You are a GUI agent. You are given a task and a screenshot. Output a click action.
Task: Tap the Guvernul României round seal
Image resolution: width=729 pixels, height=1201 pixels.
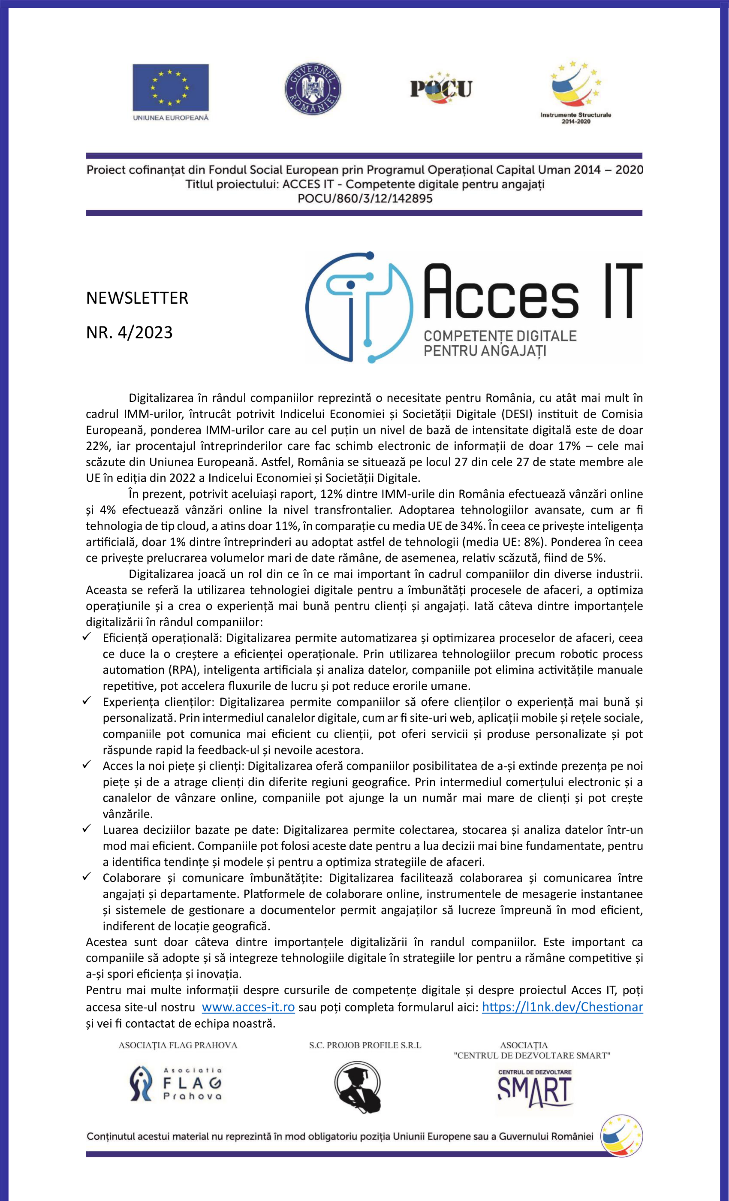[313, 89]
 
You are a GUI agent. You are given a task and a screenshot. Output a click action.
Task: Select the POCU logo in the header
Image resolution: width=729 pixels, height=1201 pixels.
[441, 89]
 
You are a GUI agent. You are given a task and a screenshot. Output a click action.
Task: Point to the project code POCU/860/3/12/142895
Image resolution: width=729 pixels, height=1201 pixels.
[365, 198]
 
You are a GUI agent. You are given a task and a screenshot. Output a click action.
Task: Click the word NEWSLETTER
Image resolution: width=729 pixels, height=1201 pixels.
[137, 298]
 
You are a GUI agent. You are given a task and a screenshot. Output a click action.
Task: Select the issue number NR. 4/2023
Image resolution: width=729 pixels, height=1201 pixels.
[129, 332]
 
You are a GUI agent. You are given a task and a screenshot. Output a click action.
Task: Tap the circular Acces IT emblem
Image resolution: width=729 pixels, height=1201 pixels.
[359, 308]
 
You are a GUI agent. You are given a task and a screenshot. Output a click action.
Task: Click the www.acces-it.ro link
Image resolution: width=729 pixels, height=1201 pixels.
[248, 1007]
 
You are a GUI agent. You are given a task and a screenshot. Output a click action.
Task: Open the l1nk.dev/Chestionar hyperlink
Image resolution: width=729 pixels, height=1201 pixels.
[562, 1007]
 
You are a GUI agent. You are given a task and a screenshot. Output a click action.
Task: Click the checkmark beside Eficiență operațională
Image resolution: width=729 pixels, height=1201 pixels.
[87, 637]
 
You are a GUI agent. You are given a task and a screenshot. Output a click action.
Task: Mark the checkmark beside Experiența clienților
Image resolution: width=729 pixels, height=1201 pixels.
[87, 700]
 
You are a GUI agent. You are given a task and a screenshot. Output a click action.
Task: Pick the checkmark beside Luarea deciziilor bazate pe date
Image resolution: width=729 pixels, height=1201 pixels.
[87, 828]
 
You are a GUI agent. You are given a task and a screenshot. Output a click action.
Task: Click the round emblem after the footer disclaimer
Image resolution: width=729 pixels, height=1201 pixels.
[621, 1135]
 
